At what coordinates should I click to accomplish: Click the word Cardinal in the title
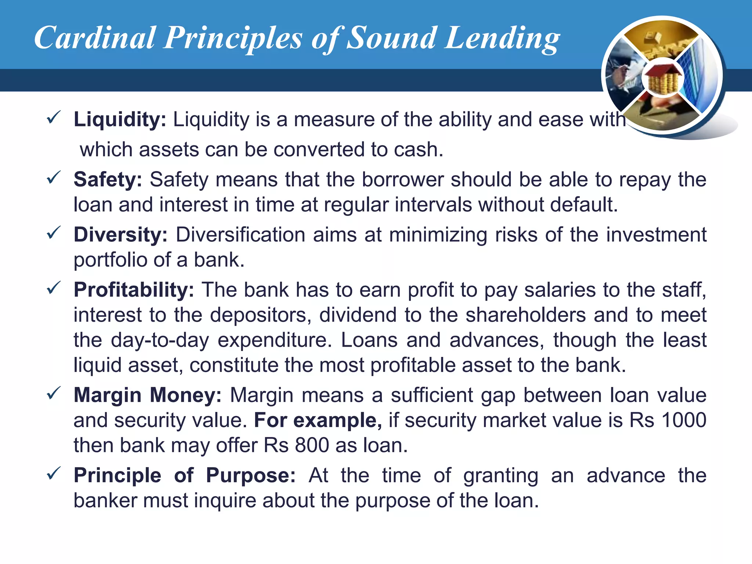(95, 38)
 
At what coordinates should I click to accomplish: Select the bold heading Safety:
(108, 180)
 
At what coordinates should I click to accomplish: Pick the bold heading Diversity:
(120, 235)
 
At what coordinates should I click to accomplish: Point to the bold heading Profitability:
(134, 290)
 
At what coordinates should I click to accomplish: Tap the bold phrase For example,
(318, 420)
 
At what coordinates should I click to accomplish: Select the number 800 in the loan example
(312, 445)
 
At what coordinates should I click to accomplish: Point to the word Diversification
(240, 235)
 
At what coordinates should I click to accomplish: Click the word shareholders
(525, 315)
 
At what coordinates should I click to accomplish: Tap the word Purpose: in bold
(251, 475)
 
